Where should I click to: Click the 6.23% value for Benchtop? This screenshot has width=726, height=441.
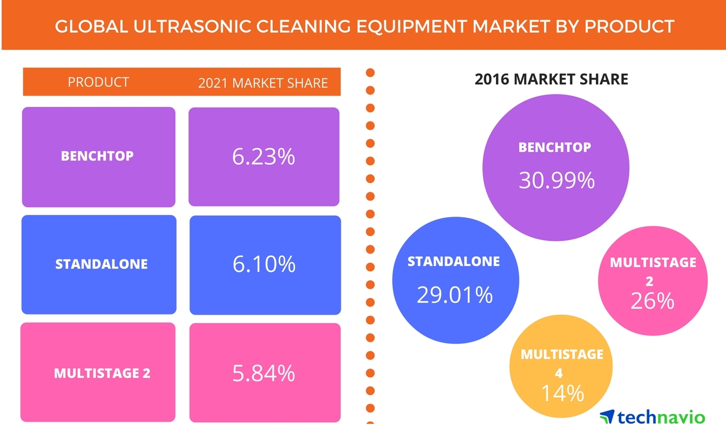[x=264, y=157]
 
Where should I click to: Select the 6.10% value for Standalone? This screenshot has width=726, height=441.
[x=264, y=264]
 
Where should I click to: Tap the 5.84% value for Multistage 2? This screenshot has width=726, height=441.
[x=264, y=373]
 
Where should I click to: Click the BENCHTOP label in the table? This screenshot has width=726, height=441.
[x=97, y=156]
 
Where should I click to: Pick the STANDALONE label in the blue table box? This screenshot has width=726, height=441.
[x=101, y=264]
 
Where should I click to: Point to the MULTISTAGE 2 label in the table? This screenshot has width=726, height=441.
[x=102, y=373]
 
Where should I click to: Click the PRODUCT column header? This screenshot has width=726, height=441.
[x=98, y=82]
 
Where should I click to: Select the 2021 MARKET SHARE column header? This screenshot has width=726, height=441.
[x=263, y=83]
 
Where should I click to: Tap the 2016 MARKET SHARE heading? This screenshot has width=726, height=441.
[x=551, y=79]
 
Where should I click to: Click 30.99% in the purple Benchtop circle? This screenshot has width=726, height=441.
[x=556, y=181]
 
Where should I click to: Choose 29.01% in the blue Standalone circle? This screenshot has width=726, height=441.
[x=455, y=295]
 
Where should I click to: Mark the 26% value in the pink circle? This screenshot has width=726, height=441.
[x=653, y=301]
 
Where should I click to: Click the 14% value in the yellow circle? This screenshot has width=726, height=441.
[x=562, y=393]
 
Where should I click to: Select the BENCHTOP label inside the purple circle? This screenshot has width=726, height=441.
[x=555, y=147]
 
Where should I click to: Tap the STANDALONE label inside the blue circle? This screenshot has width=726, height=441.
[x=454, y=262]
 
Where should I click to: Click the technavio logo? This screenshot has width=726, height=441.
[x=652, y=417]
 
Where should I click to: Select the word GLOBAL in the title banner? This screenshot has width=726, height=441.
[x=86, y=26]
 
